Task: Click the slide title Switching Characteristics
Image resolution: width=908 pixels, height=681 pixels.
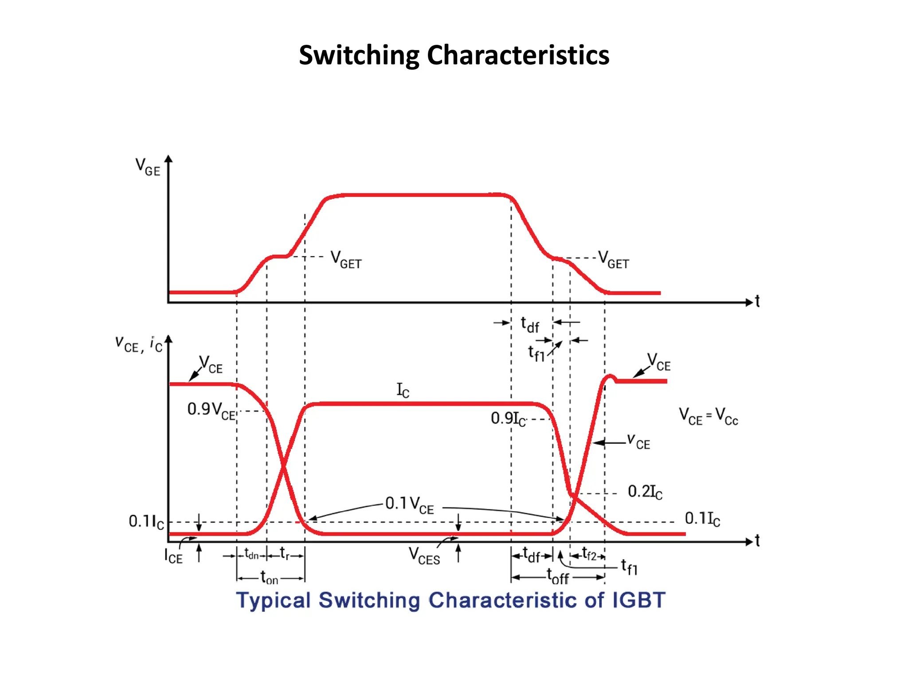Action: (454, 55)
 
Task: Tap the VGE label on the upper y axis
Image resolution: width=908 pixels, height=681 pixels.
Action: (148, 167)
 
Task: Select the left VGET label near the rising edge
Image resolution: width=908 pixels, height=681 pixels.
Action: (346, 260)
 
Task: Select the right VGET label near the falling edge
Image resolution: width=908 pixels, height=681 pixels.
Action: (614, 260)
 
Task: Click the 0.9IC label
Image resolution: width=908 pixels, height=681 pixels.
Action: (508, 419)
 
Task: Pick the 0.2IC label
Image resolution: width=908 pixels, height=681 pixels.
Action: (645, 492)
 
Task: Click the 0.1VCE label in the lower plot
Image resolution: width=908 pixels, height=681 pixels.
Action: (409, 505)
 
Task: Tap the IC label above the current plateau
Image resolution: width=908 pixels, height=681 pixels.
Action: (403, 390)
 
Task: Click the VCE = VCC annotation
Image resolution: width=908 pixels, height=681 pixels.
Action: (708, 417)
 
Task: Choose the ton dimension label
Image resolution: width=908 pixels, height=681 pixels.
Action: (269, 578)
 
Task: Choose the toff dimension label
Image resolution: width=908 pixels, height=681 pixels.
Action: (558, 577)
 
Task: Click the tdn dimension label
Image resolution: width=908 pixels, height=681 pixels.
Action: (251, 555)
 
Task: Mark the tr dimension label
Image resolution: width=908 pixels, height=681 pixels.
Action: (285, 554)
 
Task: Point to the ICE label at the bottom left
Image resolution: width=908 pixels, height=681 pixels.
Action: (173, 556)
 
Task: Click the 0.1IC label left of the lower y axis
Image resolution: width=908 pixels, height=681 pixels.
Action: (146, 522)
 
